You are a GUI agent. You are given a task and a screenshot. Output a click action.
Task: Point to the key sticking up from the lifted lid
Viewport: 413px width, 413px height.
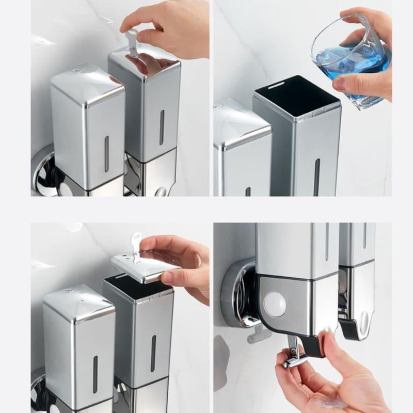pos(136,245)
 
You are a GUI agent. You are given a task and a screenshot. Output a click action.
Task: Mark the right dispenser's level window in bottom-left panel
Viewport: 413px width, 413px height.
pos(153,353)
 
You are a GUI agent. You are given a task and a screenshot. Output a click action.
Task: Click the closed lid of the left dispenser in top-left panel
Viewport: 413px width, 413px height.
pos(88,83)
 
